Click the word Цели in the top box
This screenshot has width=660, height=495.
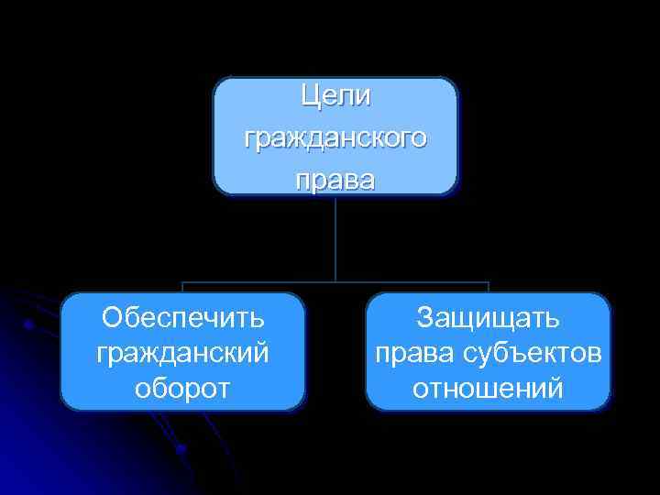(x=335, y=95)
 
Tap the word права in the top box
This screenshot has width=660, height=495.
(x=335, y=180)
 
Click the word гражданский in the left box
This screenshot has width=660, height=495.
(x=183, y=353)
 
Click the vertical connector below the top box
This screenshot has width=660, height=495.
(x=335, y=238)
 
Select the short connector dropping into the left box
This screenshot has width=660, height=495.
(x=182, y=287)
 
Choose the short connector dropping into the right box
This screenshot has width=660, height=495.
(x=489, y=287)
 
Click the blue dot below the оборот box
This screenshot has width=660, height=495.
(x=181, y=448)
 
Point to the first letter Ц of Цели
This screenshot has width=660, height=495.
(x=309, y=95)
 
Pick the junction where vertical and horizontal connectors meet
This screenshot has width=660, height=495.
(x=335, y=281)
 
